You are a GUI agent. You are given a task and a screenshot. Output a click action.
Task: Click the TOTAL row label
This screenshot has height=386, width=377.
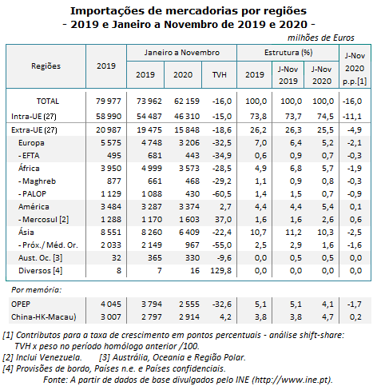coord(48,101)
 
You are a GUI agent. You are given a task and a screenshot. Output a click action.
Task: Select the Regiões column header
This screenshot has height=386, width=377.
coord(46,66)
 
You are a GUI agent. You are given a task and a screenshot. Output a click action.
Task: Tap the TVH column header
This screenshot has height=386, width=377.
coord(219,74)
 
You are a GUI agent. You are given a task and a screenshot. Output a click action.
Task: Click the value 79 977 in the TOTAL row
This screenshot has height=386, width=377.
coord(109,101)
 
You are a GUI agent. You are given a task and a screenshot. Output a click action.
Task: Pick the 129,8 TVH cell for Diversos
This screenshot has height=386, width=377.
coord(220,271)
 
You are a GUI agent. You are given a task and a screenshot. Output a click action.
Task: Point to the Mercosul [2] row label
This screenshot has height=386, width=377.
coord(43,220)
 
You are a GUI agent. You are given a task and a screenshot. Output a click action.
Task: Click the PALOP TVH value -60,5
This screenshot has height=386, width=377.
coord(222,194)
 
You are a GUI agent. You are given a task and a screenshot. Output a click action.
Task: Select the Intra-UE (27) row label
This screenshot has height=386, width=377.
coord(34,117)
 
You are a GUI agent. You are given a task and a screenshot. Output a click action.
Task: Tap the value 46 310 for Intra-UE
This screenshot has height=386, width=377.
coord(187,117)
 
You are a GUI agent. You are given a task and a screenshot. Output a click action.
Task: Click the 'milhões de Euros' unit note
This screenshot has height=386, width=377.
coord(321,38)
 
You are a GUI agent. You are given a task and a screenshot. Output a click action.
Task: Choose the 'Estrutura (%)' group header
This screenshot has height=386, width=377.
coord(288,53)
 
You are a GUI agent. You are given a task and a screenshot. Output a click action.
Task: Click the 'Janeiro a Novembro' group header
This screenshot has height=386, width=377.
coord(182,53)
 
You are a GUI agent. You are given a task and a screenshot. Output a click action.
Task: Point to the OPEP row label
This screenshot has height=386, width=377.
coord(21,304)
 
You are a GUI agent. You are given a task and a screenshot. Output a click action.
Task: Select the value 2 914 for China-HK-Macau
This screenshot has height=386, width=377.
coord(189,317)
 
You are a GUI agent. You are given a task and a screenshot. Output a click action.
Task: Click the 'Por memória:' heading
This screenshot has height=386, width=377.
coord(36,290)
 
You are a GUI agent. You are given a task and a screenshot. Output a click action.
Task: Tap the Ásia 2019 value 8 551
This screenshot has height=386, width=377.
coord(111,233)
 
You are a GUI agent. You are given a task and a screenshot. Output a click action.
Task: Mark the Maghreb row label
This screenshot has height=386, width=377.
coord(37,181)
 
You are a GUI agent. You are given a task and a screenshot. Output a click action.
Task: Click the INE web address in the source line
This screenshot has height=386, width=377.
coord(292,380)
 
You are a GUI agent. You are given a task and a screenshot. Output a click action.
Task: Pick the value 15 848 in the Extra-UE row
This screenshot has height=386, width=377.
coord(187,130)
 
